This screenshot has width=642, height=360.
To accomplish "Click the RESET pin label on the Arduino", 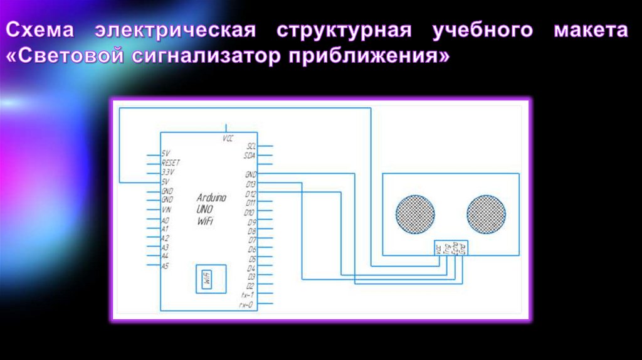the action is [x=171, y=162].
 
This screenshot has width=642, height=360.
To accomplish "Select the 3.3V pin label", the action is [x=167, y=172].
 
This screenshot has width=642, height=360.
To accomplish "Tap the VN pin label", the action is [x=166, y=209].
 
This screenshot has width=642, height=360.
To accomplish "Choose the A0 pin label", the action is [x=165, y=221].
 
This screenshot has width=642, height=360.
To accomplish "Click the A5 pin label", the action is [x=165, y=266].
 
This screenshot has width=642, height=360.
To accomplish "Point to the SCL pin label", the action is [x=251, y=146].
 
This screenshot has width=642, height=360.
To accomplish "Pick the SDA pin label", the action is [x=250, y=154].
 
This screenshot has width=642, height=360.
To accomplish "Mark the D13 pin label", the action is [x=250, y=184].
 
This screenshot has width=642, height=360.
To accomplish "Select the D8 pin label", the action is [x=251, y=231].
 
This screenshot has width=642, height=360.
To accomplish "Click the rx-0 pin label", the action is [x=247, y=304].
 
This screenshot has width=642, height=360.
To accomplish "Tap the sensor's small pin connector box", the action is [x=451, y=248].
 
